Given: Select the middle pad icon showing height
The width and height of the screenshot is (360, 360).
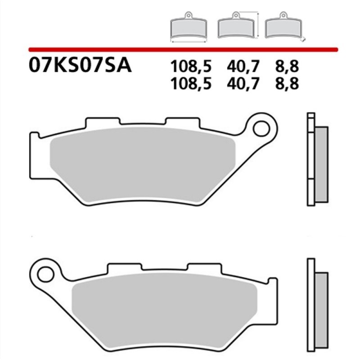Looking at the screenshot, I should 235,28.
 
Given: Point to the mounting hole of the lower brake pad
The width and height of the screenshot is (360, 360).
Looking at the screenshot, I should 45,273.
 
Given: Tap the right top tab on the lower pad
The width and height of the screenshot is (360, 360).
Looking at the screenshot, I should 203,268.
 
